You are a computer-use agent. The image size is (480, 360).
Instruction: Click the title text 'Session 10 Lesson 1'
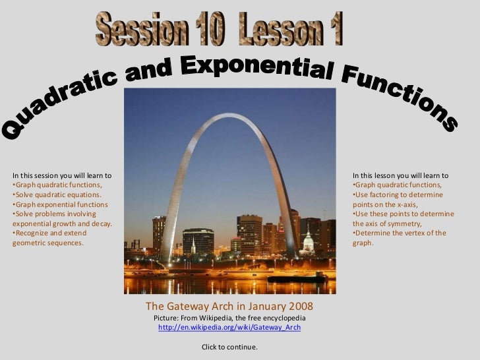pyautogui.click(x=220, y=28)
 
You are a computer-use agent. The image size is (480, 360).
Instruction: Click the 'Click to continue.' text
pyautogui.click(x=229, y=347)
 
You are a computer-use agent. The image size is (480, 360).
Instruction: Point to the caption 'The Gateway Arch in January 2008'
pyautogui.click(x=229, y=307)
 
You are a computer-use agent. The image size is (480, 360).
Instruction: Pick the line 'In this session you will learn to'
pyautogui.click(x=62, y=176)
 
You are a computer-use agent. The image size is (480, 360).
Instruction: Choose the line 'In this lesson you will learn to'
pyautogui.click(x=400, y=176)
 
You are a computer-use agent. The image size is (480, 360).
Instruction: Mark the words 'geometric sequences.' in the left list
pyautogui.click(x=48, y=243)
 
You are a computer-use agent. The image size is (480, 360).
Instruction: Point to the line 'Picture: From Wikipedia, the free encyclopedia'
pyautogui.click(x=229, y=318)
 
